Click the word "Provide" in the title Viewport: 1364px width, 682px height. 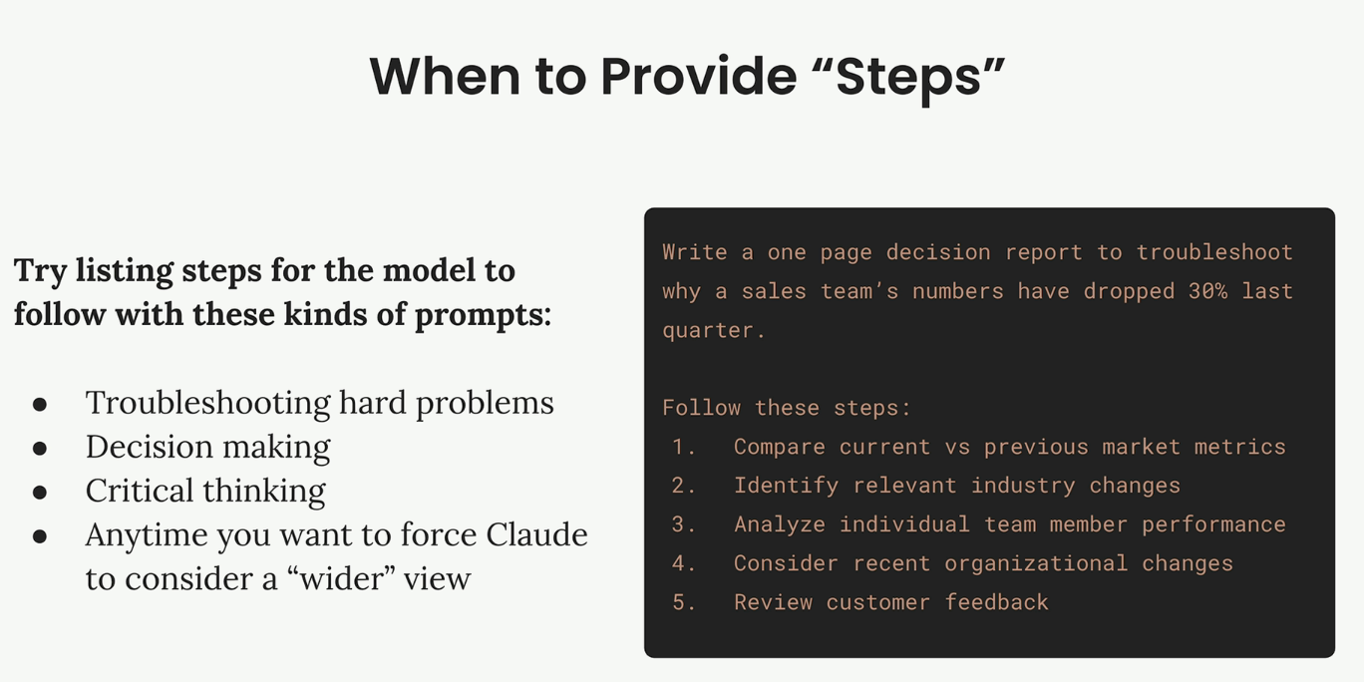pyautogui.click(x=698, y=77)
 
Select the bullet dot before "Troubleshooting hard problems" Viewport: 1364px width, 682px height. pyautogui.click(x=40, y=405)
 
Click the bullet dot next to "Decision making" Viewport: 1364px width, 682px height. pyautogui.click(x=40, y=448)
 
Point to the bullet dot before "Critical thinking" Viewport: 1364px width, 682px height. pyautogui.click(x=40, y=492)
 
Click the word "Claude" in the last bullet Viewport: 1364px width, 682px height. pyautogui.click(x=536, y=534)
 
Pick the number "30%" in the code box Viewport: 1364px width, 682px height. pyautogui.click(x=1207, y=291)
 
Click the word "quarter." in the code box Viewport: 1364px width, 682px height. pyautogui.click(x=713, y=331)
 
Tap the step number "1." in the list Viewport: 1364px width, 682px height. pyautogui.click(x=683, y=447)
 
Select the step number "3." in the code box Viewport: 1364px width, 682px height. pyautogui.click(x=683, y=524)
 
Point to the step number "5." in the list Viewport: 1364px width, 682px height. pyautogui.click(x=683, y=602)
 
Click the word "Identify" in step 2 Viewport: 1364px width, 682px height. pyautogui.click(x=786, y=486)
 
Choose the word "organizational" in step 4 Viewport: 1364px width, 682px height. pyautogui.click(x=1036, y=564)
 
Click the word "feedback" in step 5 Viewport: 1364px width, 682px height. pyautogui.click(x=997, y=602)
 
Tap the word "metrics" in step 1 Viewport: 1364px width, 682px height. pyautogui.click(x=1239, y=447)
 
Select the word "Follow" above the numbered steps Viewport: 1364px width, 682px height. pyautogui.click(x=702, y=408)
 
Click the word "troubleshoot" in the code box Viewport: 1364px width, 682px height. pyautogui.click(x=1214, y=252)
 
